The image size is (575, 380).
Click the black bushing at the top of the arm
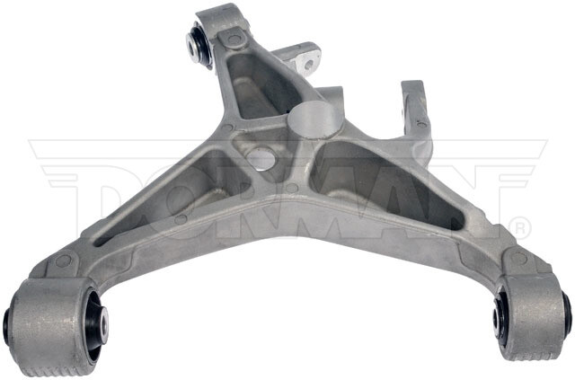[199, 46]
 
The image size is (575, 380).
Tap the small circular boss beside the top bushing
[234, 40]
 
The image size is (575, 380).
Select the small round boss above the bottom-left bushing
[65, 262]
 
